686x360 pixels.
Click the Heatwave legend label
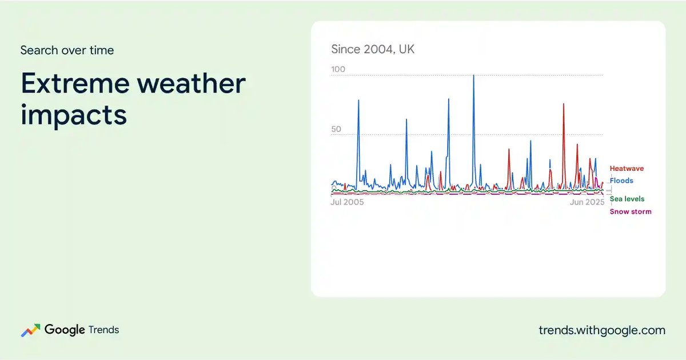coord(627,169)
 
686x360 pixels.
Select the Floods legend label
coord(621,181)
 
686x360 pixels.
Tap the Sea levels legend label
coord(627,199)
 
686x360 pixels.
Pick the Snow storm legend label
coord(631,211)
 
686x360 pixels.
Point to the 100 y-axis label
coord(338,69)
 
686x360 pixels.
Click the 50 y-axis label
coord(336,129)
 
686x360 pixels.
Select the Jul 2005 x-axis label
coord(347,202)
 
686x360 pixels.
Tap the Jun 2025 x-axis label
coord(587,202)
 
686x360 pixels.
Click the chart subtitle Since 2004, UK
coord(373,49)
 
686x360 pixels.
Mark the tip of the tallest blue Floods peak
coord(474,75)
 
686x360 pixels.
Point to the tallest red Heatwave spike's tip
coord(564,104)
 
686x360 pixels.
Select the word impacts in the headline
coord(74,115)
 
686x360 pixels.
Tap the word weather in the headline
coord(192,83)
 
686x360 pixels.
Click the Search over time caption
coord(67,50)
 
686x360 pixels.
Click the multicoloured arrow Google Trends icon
coord(30,330)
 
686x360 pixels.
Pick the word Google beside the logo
coord(65,330)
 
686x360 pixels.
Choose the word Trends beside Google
coord(103,330)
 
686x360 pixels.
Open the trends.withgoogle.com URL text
coord(602,330)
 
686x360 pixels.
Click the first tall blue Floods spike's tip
coord(358,100)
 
